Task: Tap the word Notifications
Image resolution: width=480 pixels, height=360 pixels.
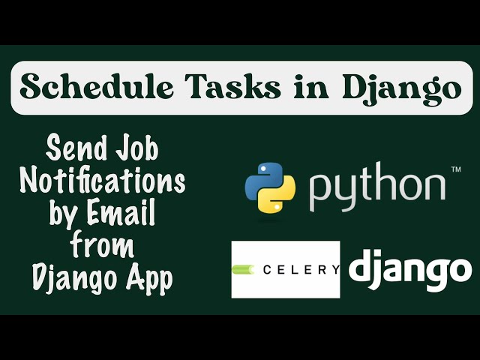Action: tap(103, 182)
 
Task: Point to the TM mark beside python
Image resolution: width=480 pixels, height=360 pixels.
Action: tap(455, 170)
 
